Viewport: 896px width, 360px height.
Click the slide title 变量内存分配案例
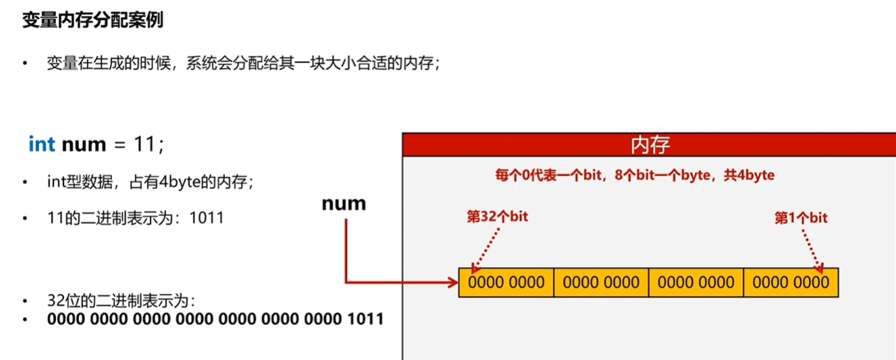(93, 20)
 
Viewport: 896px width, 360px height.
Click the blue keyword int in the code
(42, 145)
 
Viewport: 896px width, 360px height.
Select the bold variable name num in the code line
(84, 145)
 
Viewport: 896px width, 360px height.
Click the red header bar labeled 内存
(650, 145)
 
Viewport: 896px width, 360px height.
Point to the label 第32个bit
(498, 217)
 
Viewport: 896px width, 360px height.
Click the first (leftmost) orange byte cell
(506, 282)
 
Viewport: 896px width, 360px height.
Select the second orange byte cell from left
(601, 282)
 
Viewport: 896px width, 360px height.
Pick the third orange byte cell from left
(696, 282)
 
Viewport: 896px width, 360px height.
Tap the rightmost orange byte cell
(791, 282)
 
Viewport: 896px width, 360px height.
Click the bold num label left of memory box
(344, 203)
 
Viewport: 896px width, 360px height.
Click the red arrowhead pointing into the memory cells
(453, 282)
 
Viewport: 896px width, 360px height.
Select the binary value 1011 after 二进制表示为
(207, 219)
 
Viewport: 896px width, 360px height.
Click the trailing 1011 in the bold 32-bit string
(365, 318)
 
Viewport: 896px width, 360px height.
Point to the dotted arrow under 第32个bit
(485, 250)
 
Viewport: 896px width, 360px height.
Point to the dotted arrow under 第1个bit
(813, 250)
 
